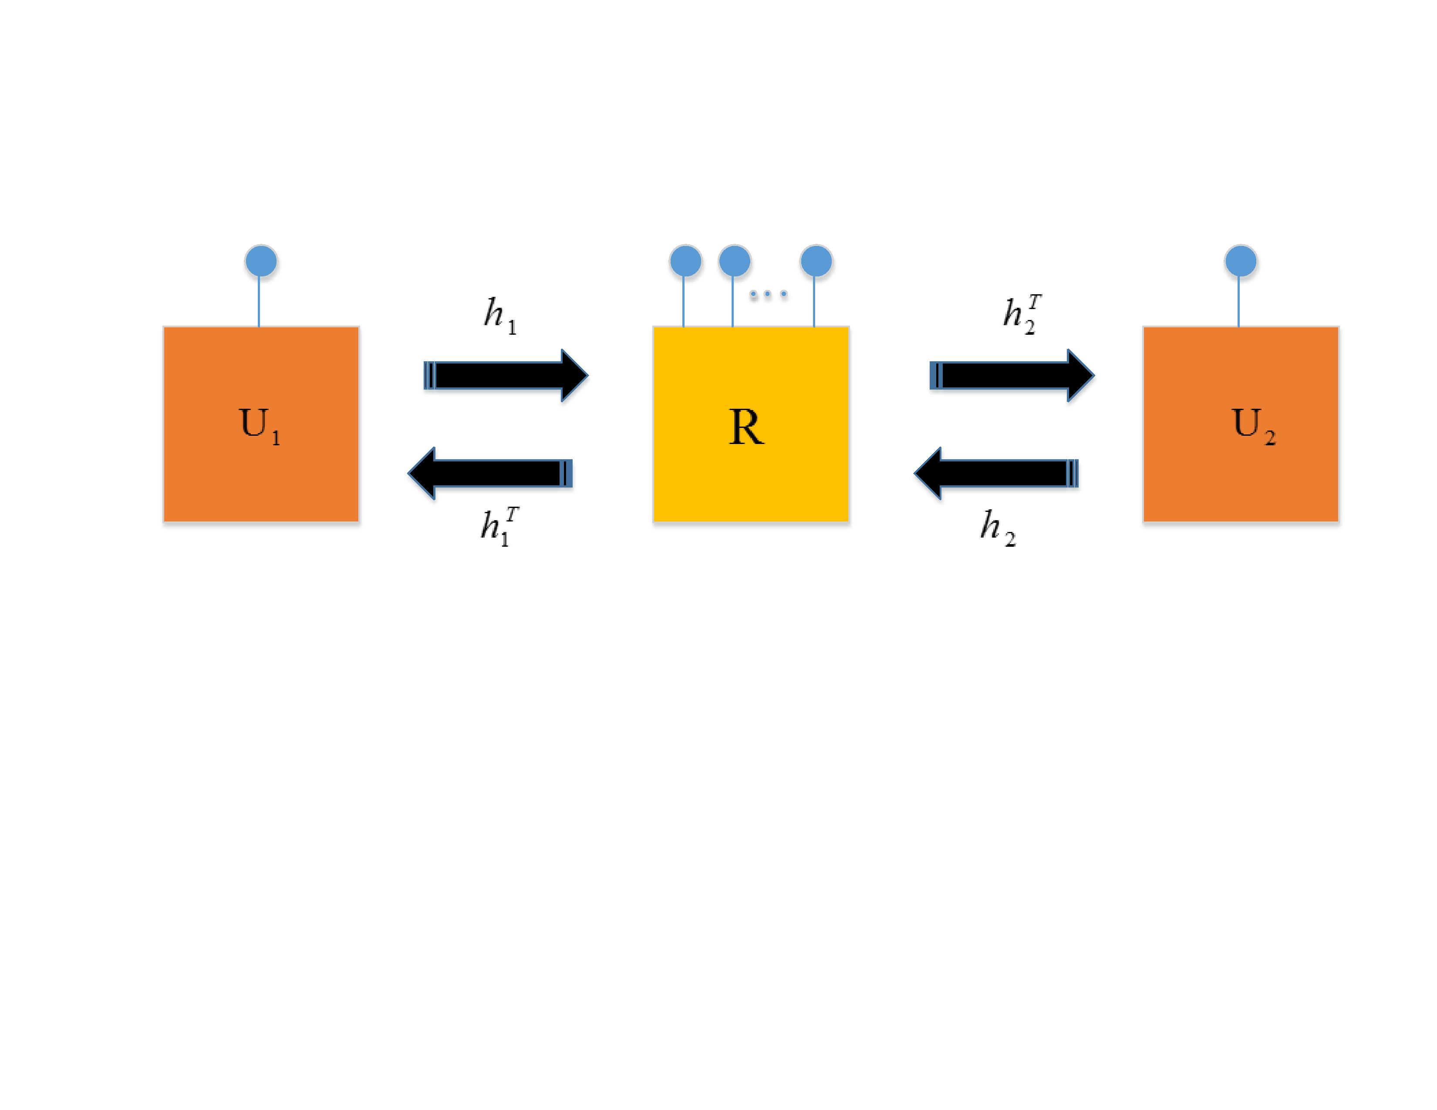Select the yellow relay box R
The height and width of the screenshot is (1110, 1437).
click(x=751, y=487)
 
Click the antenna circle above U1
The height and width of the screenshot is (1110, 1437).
click(x=261, y=261)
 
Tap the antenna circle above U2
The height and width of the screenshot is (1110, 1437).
click(x=1241, y=261)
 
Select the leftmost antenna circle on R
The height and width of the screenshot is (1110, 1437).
click(x=685, y=261)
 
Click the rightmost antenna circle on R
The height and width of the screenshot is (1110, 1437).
click(x=816, y=261)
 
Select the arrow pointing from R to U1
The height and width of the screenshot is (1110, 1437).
click(x=490, y=474)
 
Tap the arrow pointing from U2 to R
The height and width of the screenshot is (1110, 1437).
click(x=996, y=474)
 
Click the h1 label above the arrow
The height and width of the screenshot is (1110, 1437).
click(x=500, y=316)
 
